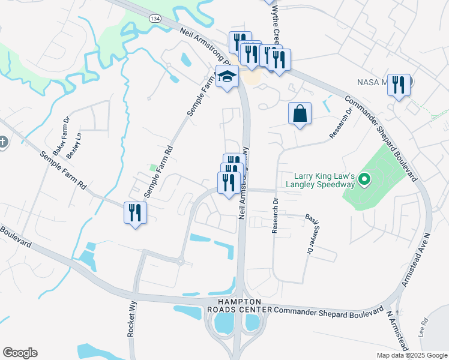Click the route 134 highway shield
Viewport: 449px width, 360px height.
pyautogui.click(x=155, y=19)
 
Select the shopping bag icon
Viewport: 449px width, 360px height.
pyautogui.click(x=300, y=113)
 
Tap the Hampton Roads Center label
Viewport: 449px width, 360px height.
pyautogui.click(x=238, y=305)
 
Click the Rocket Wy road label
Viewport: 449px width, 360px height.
pyautogui.click(x=131, y=318)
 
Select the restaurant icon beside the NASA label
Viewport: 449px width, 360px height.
pyautogui.click(x=399, y=85)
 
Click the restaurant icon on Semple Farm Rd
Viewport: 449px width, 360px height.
pyautogui.click(x=134, y=213)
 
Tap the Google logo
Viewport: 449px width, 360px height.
pyautogui.click(x=20, y=353)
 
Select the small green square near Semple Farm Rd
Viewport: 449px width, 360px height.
pyautogui.click(x=152, y=167)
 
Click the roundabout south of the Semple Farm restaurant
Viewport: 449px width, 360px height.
pyautogui.click(x=180, y=261)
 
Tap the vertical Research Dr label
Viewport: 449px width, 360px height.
pyautogui.click(x=276, y=215)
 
